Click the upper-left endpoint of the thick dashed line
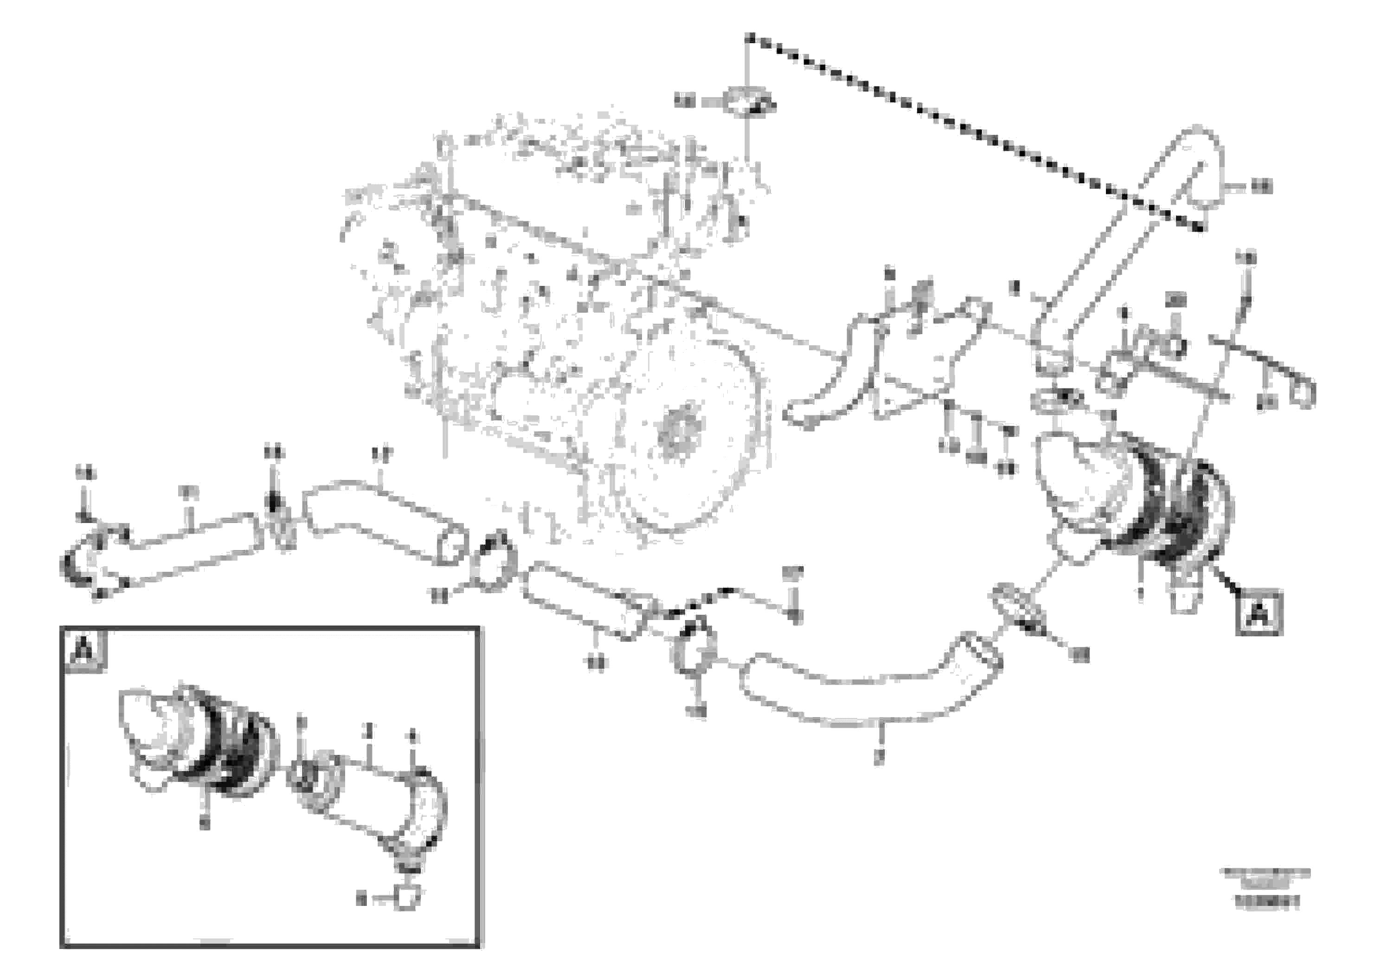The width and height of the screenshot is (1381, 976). tap(749, 37)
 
